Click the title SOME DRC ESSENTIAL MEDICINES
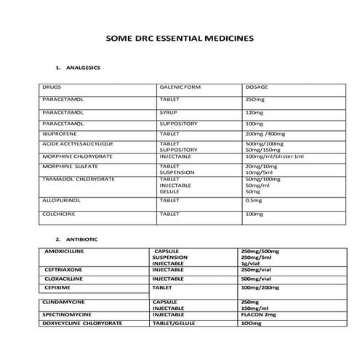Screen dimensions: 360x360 click(x=180, y=39)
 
